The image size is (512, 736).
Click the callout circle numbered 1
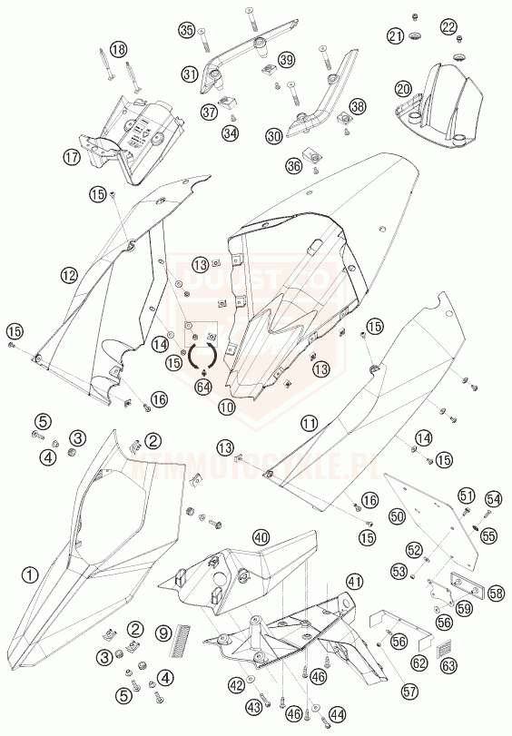[x=31, y=574]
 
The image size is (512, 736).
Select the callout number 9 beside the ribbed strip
[x=164, y=633]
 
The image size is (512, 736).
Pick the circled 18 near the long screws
[x=119, y=49]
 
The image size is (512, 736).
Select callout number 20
[x=403, y=88]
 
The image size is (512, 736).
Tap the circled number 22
[x=448, y=28]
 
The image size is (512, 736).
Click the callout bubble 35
[x=187, y=30]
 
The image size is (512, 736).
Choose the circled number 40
[x=261, y=536]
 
